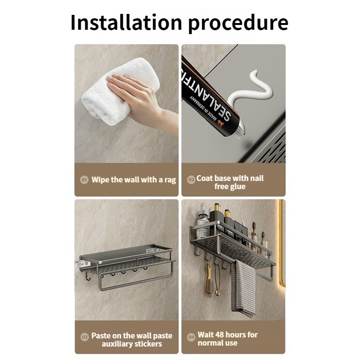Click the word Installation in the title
pyautogui.click(x=126, y=22)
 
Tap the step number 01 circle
pyautogui.click(x=84, y=180)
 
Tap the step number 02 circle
pyautogui.click(x=191, y=180)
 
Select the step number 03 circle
pyautogui.click(x=84, y=337)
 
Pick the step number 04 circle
pyautogui.click(x=191, y=337)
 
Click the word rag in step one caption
pyautogui.click(x=170, y=180)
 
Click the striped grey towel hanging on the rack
pyautogui.click(x=244, y=289)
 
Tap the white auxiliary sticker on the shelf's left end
pyautogui.click(x=81, y=264)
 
